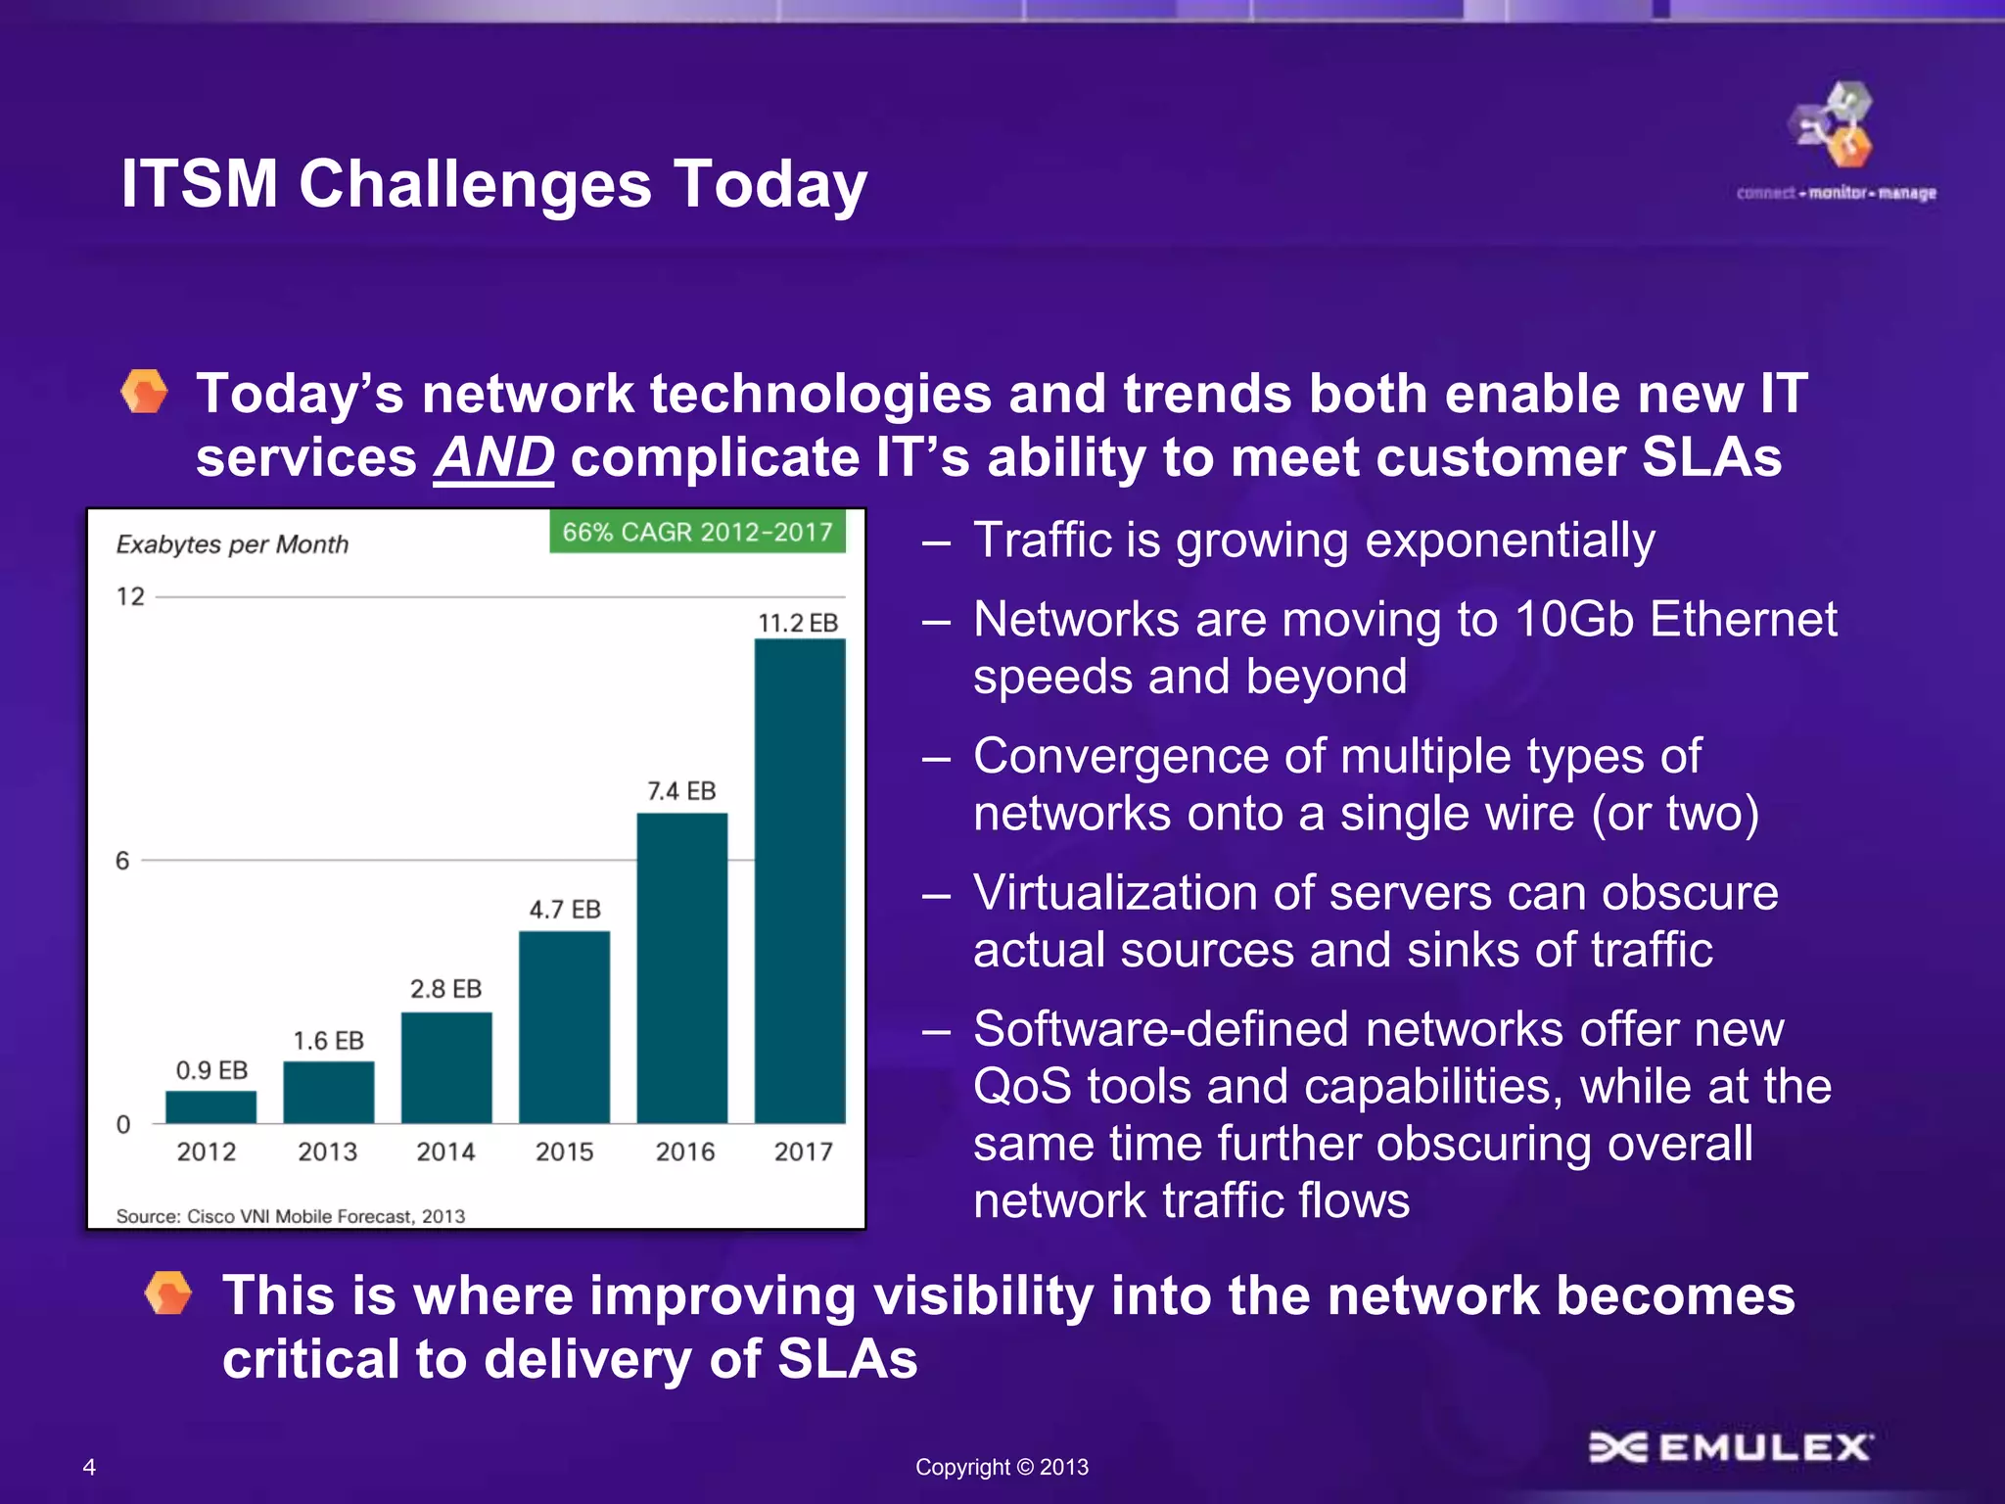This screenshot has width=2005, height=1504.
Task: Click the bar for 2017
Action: tap(799, 881)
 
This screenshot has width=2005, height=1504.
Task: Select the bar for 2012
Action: tap(210, 1106)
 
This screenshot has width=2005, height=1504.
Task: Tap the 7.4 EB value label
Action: tap(681, 791)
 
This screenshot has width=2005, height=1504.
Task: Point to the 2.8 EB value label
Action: tap(445, 989)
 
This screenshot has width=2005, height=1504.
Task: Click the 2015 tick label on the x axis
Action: tap(564, 1151)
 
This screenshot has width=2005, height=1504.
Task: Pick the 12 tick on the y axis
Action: tap(130, 596)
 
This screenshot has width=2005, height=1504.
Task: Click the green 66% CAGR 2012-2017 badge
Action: tap(697, 532)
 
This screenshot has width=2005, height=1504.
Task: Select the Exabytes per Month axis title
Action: tap(232, 544)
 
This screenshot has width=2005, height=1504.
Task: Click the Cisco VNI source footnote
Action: tap(290, 1216)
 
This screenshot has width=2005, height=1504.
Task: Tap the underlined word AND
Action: tap(494, 457)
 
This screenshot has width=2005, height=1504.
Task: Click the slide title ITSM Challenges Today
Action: tap(493, 184)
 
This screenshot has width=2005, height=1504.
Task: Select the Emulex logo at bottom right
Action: tap(1731, 1446)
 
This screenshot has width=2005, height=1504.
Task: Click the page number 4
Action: tap(89, 1467)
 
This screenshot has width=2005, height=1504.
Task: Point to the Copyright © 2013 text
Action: tap(1002, 1467)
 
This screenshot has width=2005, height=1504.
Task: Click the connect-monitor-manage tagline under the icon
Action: tap(1836, 193)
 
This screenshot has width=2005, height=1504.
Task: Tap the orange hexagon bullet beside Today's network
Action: tap(145, 393)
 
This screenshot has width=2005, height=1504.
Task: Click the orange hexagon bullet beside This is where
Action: tap(168, 1293)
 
